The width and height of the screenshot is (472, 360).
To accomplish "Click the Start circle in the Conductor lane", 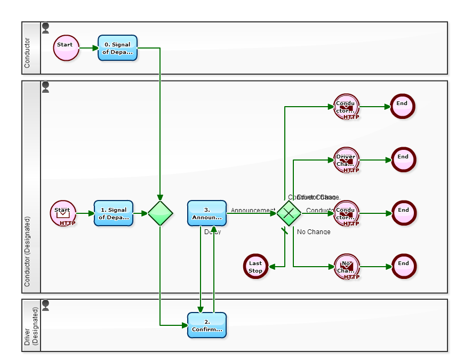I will point(66,48).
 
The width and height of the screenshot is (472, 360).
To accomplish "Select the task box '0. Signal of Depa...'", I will point(117,48).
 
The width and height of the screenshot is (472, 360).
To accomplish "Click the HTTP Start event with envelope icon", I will point(63,213).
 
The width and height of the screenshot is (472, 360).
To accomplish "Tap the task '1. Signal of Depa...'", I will point(114,213).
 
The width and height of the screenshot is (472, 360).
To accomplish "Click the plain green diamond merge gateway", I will point(161,213).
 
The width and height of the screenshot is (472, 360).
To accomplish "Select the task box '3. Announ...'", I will point(207,213).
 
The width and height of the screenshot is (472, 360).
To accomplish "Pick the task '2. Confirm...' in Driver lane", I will point(207,325).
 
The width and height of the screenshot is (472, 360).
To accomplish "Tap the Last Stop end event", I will point(255,267).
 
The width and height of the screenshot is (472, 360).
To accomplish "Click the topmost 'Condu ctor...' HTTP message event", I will point(347,107).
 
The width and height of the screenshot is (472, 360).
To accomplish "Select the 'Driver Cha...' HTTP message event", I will point(347,160).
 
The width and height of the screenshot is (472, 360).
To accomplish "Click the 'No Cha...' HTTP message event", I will point(347,267).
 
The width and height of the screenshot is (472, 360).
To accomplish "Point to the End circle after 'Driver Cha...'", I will point(403,160).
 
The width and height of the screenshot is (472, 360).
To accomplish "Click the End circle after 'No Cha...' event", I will point(403,267).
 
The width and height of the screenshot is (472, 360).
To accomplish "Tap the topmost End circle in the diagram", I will point(402,106).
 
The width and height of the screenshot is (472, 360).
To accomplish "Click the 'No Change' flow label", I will point(314,232).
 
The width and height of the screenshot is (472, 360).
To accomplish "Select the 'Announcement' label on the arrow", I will point(253,210).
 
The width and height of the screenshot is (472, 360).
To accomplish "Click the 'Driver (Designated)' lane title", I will point(31,325).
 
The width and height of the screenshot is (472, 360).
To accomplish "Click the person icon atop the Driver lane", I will point(46,305).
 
